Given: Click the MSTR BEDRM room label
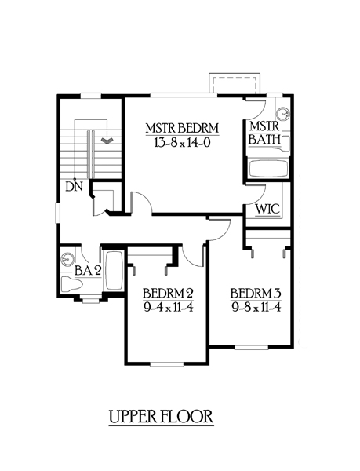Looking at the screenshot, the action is pos(182,128).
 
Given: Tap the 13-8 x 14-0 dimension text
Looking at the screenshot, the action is pos(182,143).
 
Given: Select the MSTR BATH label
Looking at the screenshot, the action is pos(264,133).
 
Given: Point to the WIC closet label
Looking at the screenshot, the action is pos(267,209).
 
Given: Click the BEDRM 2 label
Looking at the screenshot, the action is pos(168,293).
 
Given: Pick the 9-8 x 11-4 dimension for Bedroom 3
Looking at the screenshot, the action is pos(256,307).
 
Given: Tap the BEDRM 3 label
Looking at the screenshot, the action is pos(256,293).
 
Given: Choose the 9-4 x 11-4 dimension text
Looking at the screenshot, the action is pos(168,308).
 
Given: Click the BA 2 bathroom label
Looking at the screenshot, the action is pos(87,271).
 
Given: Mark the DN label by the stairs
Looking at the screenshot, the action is pos(74,187).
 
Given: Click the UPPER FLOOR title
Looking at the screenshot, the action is pos(161,417).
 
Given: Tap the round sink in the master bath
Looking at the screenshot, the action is pos(282,114).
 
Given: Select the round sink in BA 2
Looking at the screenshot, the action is pos(67,260).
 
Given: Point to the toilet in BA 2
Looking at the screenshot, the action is pos(71,283).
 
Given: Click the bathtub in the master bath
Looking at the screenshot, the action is pos(268,169).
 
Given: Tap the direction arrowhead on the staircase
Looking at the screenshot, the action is pos(106,140).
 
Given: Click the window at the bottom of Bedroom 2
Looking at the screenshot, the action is pos(166,363).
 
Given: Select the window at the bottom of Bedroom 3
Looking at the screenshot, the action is pos(251,347).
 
